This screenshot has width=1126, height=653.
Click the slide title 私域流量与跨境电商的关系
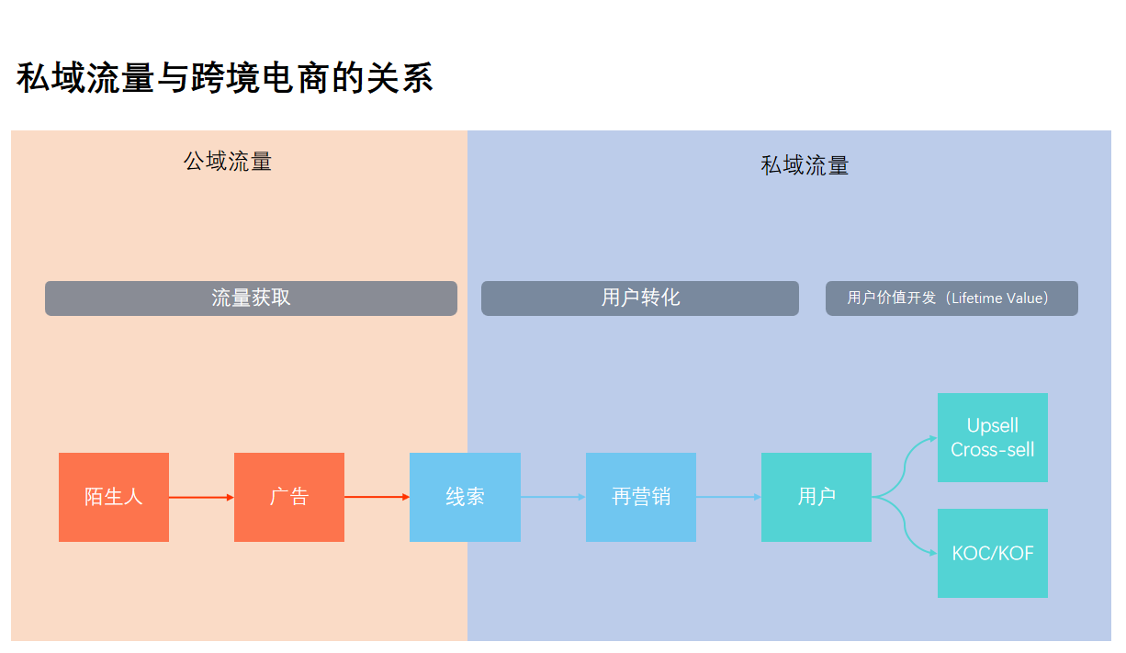[224, 79]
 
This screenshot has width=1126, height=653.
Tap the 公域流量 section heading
[228, 162]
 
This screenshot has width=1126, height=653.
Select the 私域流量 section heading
[805, 165]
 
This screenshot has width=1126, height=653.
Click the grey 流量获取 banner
[251, 298]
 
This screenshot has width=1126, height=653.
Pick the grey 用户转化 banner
[640, 298]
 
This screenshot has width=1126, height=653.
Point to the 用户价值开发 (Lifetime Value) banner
[951, 298]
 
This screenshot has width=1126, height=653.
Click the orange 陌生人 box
[114, 497]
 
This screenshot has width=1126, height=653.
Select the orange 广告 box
[289, 497]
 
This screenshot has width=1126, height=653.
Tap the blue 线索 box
[465, 497]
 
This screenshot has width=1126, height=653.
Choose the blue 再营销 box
[641, 497]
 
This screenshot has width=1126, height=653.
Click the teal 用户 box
[816, 497]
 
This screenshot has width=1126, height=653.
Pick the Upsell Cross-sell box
[993, 437]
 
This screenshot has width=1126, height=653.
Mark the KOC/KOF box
[993, 554]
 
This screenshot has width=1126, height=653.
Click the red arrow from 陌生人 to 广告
[201, 497]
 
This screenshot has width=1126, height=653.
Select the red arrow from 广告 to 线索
[377, 497]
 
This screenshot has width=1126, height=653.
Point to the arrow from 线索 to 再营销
[553, 497]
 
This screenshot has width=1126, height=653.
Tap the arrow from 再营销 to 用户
[728, 497]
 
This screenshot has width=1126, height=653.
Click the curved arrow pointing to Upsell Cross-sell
[907, 459]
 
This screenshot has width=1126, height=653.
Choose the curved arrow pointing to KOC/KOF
[907, 535]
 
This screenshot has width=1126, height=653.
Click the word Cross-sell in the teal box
[993, 450]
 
